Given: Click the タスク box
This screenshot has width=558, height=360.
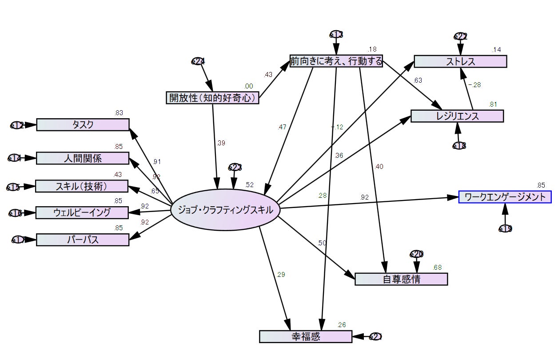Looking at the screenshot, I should tap(83, 125).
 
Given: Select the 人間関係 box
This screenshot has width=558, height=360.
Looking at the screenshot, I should tap(83, 158).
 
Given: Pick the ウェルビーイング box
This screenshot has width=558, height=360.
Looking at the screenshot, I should tap(82, 212).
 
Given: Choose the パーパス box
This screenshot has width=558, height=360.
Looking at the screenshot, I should tap(83, 240).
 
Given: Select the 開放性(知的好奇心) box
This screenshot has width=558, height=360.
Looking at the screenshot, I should tap(212, 97).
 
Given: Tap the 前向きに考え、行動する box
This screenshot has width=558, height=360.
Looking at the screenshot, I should tap(336, 61).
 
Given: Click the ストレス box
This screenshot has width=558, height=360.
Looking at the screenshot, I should tap(460, 61).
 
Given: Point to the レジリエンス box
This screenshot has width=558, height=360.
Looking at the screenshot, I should tap(457, 116).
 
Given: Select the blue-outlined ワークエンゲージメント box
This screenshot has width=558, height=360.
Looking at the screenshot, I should tap(505, 197).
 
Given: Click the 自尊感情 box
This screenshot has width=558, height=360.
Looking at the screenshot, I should tap(401, 279).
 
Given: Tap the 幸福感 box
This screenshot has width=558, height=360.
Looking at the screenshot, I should tap(306, 336).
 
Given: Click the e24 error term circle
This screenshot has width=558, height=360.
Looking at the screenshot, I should tap(198, 61).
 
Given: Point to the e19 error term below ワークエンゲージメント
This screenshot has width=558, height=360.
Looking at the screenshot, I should tap(506, 228).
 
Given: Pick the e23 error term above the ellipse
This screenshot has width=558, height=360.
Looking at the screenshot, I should tap(235, 167).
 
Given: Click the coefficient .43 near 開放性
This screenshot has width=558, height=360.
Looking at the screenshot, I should tap(268, 75).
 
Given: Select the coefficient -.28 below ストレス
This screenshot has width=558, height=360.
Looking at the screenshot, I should tap(474, 85).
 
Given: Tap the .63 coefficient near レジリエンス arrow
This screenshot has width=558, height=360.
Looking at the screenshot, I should tap(418, 80).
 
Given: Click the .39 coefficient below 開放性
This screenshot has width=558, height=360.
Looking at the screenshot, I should tap(221, 143).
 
